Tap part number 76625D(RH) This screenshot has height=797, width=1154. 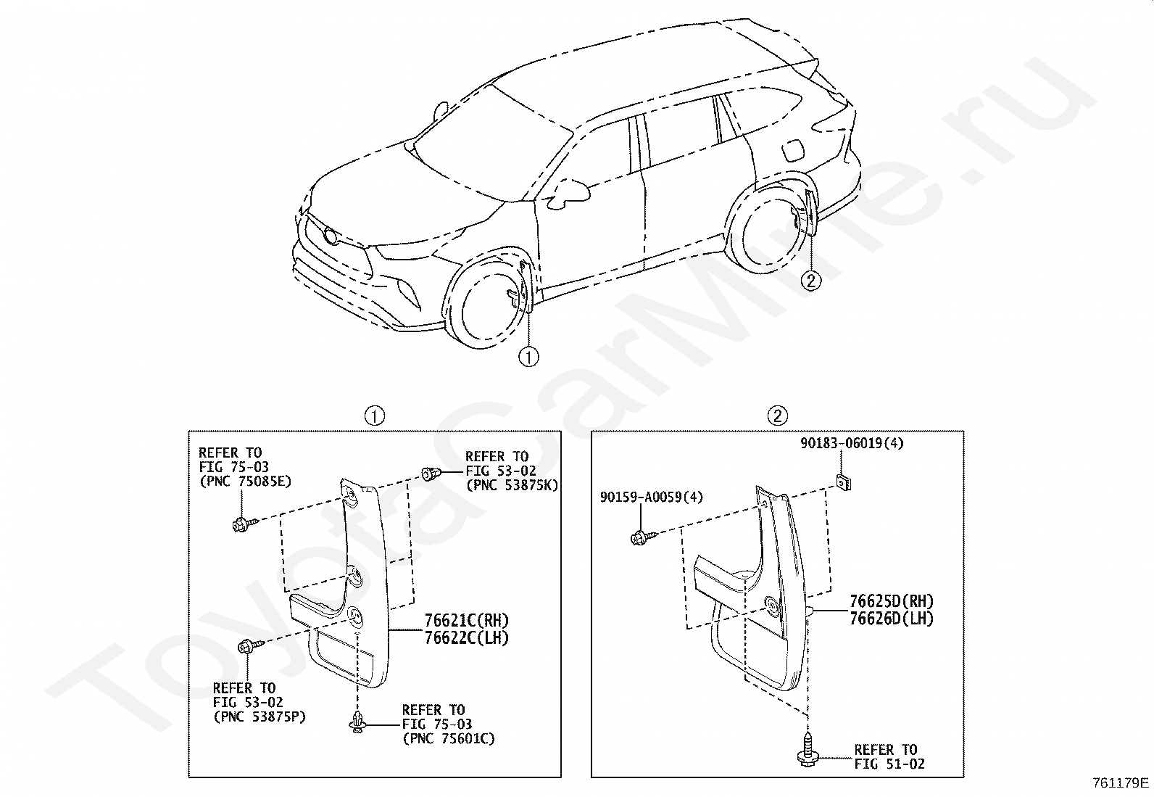click(892, 602)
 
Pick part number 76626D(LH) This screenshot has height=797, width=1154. click(892, 619)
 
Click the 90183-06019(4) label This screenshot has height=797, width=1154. click(852, 443)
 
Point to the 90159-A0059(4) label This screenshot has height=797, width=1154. click(652, 497)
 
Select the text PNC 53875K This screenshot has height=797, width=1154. click(512, 485)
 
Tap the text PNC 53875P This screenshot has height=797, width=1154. click(259, 717)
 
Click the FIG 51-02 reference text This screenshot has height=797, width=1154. click(889, 764)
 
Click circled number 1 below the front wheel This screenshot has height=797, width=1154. click(529, 357)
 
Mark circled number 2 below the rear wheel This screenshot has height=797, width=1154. click(811, 279)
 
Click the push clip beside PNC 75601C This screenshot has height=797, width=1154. click(358, 722)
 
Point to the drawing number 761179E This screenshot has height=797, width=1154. click(1121, 783)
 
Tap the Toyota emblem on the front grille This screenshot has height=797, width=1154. click(331, 236)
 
